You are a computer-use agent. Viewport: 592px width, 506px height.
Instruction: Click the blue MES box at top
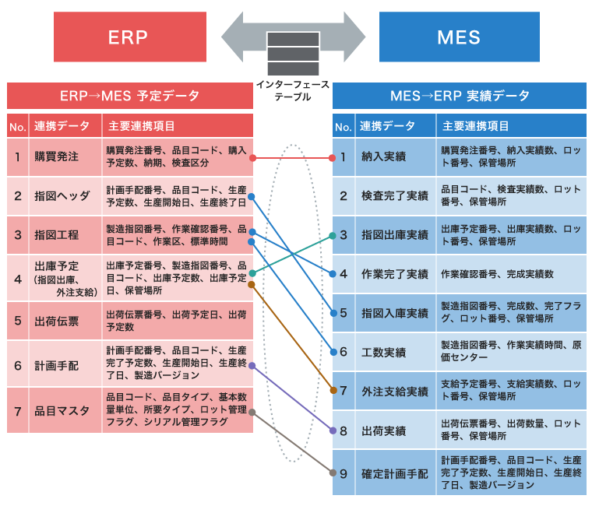(459, 37)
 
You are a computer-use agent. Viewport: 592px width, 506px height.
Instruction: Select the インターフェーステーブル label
(293, 90)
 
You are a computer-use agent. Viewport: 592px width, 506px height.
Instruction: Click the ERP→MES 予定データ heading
(129, 96)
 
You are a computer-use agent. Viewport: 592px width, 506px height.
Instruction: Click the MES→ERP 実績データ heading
(459, 96)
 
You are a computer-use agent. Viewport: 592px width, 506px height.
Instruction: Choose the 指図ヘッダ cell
(62, 195)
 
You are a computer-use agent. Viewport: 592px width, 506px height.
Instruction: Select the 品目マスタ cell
(62, 408)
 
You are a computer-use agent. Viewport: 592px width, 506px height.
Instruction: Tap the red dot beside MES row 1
(333, 157)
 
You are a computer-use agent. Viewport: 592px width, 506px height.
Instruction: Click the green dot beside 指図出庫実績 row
(333, 235)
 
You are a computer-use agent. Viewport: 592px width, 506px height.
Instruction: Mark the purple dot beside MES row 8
(333, 430)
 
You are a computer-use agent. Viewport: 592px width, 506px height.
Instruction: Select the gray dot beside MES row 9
(333, 473)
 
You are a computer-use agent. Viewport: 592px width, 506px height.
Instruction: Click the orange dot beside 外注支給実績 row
(333, 391)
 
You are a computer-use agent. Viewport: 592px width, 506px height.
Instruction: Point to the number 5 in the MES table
(343, 313)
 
